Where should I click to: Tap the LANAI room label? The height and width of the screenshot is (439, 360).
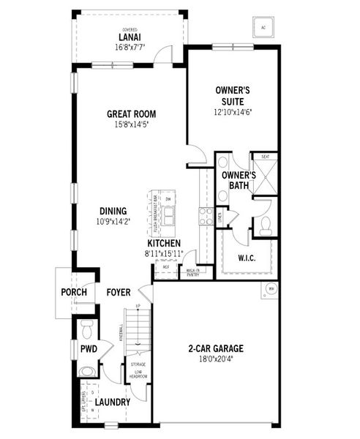[130, 37]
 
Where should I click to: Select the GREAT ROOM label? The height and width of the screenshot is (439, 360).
[132, 114]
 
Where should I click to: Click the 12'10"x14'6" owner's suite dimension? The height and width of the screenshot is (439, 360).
[233, 113]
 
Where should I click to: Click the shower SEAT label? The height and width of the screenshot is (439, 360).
[263, 156]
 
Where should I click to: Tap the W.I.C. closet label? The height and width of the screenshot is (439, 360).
[246, 258]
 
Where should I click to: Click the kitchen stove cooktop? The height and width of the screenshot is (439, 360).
[206, 216]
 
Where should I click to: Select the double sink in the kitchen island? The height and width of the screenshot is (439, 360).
[169, 215]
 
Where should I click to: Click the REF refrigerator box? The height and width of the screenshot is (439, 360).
[165, 268]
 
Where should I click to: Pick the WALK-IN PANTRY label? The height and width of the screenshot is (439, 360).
[192, 272]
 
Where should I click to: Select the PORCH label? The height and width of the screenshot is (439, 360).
[74, 293]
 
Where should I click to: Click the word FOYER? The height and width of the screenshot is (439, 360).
[119, 293]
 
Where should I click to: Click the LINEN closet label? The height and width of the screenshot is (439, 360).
[220, 216]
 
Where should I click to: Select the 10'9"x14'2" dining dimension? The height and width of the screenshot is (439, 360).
[112, 222]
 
